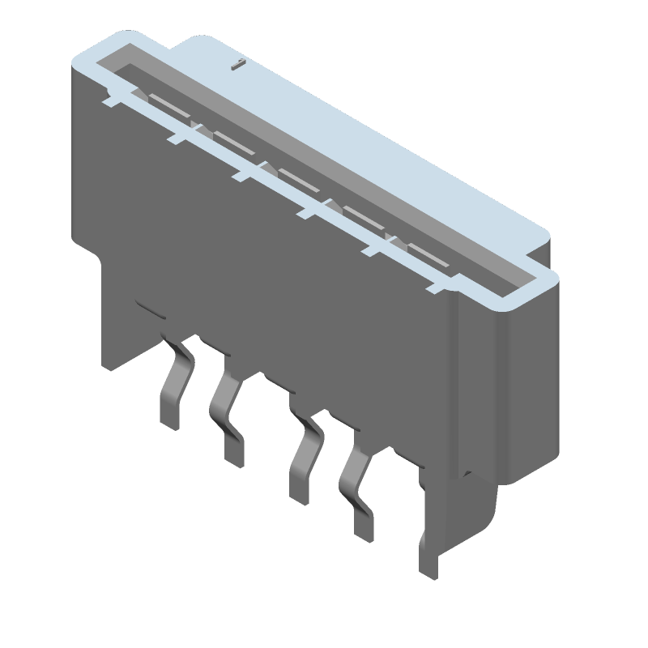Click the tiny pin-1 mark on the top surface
(x=236, y=64)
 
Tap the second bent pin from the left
(x=226, y=413)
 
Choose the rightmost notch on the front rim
(x=437, y=283)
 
